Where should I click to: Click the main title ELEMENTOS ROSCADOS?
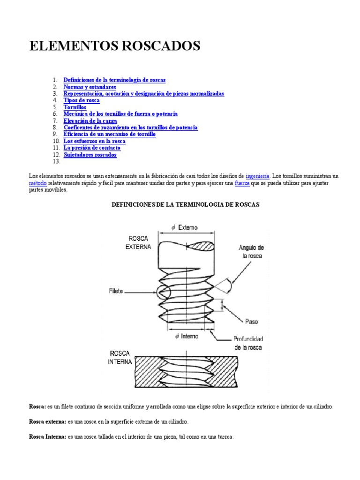point(115,46)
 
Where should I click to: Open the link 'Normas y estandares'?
point(90,87)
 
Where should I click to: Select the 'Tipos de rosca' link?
point(82,100)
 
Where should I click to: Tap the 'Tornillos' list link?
point(75,107)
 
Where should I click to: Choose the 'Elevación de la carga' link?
point(92,121)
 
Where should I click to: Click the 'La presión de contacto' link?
point(92,148)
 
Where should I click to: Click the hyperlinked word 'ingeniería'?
point(257,176)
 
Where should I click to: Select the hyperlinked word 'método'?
point(37,183)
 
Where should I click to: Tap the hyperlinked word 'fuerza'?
point(242,183)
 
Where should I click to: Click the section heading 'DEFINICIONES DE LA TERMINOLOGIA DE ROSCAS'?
point(185,205)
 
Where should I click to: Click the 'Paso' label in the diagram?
point(251,322)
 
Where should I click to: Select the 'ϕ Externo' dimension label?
point(185,227)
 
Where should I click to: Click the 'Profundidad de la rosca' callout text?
point(248,343)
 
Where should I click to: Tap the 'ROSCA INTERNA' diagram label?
point(120,357)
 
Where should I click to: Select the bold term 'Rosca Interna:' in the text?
point(48,437)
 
